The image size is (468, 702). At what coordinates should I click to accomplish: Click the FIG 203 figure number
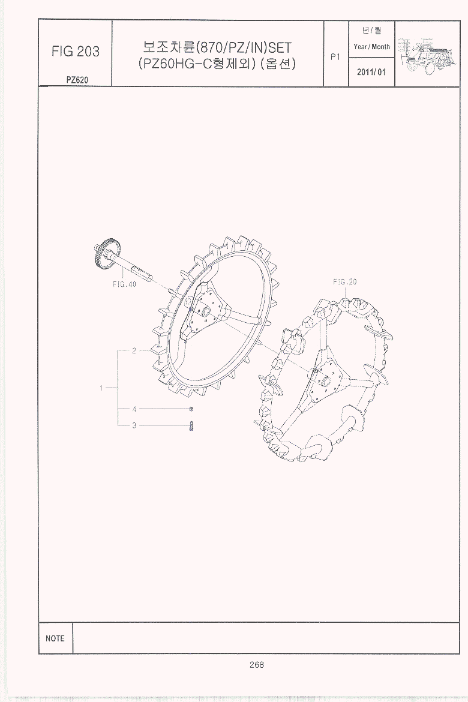pyautogui.click(x=76, y=52)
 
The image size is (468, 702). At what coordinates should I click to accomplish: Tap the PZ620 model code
pyautogui.click(x=77, y=80)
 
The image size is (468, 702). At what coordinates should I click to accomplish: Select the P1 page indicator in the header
pyautogui.click(x=335, y=57)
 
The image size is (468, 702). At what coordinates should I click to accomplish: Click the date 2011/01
pyautogui.click(x=371, y=72)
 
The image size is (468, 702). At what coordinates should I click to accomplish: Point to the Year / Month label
pyautogui.click(x=371, y=47)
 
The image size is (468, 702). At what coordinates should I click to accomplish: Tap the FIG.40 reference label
pyautogui.click(x=125, y=284)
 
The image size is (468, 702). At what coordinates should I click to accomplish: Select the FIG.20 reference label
pyautogui.click(x=345, y=281)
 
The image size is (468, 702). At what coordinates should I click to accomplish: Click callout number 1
pyautogui.click(x=101, y=388)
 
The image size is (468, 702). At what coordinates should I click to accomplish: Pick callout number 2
pyautogui.click(x=134, y=351)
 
